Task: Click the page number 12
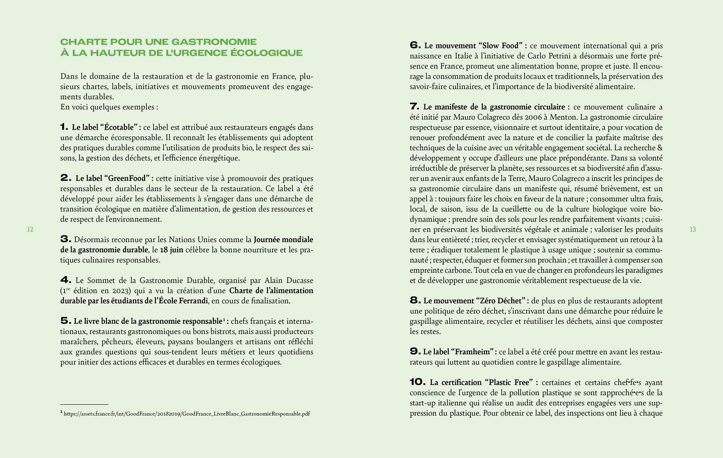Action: tap(30, 229)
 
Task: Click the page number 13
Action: tap(693, 229)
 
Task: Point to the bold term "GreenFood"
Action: tap(129, 178)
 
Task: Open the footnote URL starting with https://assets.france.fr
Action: tap(186, 414)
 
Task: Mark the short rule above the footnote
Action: tap(84, 404)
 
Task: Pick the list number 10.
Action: tap(417, 382)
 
